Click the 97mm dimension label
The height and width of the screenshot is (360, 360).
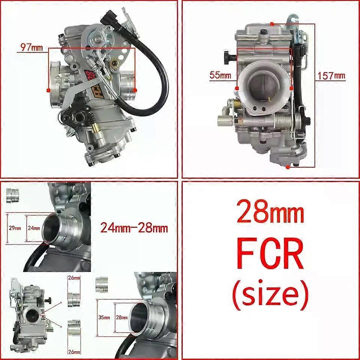pyautogui.click(x=31, y=47)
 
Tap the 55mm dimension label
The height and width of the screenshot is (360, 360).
pyautogui.click(x=220, y=75)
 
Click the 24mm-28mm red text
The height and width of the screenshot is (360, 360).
pyautogui.click(x=134, y=228)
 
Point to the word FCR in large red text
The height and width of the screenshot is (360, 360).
pyautogui.click(x=270, y=254)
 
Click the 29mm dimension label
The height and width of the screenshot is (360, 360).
pyautogui.click(x=15, y=228)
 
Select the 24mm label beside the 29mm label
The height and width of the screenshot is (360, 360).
pyautogui.click(x=34, y=228)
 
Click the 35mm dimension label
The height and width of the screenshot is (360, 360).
pyautogui.click(x=104, y=318)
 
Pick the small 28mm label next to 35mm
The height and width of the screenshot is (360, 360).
pyautogui.click(x=121, y=318)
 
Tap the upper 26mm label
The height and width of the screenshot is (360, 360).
pyautogui.click(x=74, y=278)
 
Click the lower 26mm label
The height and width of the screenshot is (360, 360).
pyautogui.click(x=74, y=352)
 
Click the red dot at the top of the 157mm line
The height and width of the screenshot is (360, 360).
pyautogui.click(x=272, y=24)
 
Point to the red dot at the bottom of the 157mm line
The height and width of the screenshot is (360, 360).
pyautogui.click(x=288, y=167)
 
